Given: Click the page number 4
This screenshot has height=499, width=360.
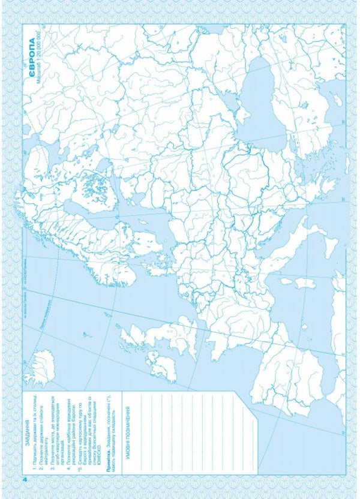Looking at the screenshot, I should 25,480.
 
